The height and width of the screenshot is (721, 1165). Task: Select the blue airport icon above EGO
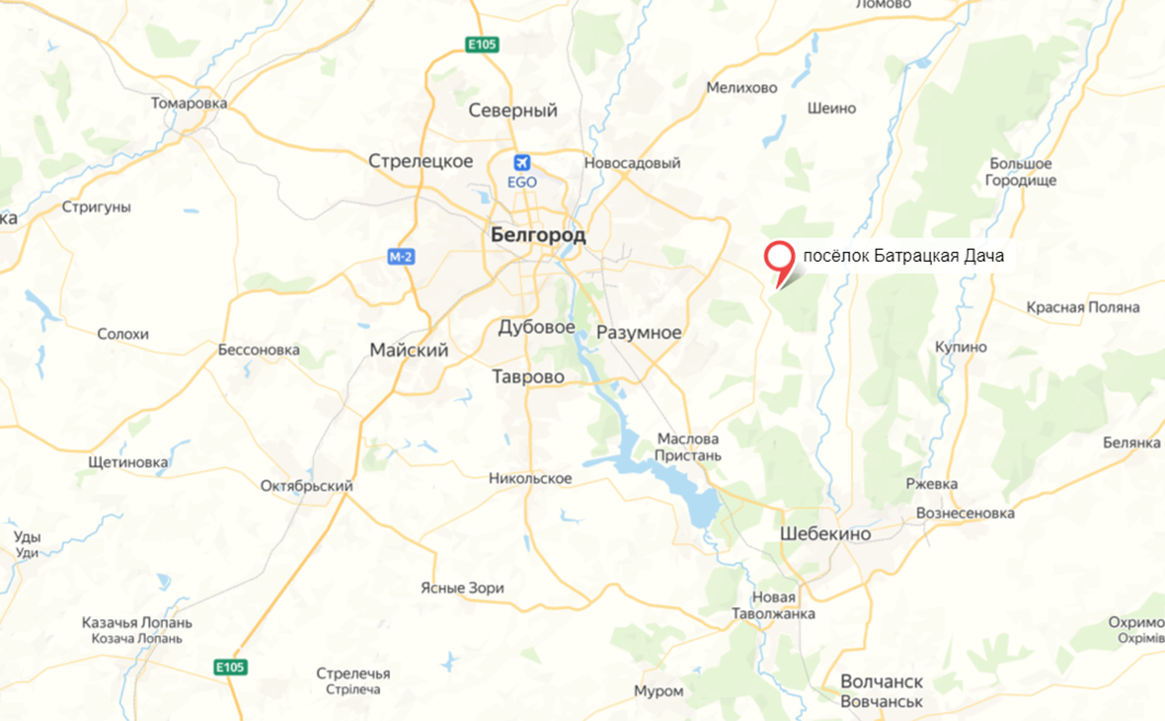click(x=521, y=163)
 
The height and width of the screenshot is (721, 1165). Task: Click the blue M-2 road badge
click(x=401, y=258)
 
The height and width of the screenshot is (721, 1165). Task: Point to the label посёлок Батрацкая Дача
click(x=903, y=257)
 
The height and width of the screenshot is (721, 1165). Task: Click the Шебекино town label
click(x=825, y=533)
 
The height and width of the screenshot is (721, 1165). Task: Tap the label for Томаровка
click(x=190, y=103)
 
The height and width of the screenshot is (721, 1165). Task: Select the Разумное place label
click(x=639, y=333)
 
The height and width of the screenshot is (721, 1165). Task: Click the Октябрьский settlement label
click(x=307, y=486)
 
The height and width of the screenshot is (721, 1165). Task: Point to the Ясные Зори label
click(x=462, y=588)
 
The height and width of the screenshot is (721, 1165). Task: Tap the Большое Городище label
click(x=1021, y=172)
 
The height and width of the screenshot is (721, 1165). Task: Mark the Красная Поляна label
click(x=1083, y=307)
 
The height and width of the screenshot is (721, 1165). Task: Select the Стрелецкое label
click(x=421, y=161)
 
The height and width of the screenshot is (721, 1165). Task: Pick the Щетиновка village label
click(x=128, y=461)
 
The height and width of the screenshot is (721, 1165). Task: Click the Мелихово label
click(x=742, y=88)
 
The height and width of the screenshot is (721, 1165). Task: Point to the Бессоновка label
click(x=259, y=350)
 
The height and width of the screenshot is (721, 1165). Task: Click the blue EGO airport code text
click(x=521, y=183)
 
